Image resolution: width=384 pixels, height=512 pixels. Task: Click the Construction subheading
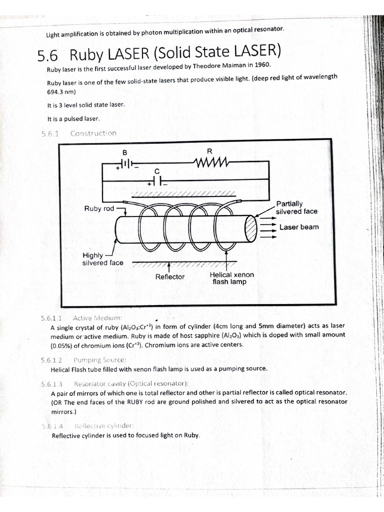[93, 133]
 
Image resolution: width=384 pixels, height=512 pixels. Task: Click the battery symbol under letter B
[125, 163]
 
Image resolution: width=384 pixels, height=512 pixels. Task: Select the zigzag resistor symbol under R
[210, 162]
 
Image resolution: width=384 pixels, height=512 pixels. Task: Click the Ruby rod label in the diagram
[99, 208]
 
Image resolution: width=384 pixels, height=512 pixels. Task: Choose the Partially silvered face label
[296, 207]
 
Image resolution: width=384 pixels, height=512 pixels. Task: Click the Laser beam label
[298, 227]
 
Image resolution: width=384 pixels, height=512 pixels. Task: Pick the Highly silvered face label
[102, 258]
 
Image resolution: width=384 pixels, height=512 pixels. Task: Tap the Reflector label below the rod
[169, 276]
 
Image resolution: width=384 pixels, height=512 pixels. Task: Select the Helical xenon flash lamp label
[231, 278]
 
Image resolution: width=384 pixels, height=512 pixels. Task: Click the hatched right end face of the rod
[250, 228]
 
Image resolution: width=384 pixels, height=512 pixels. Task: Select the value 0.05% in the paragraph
[62, 345]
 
